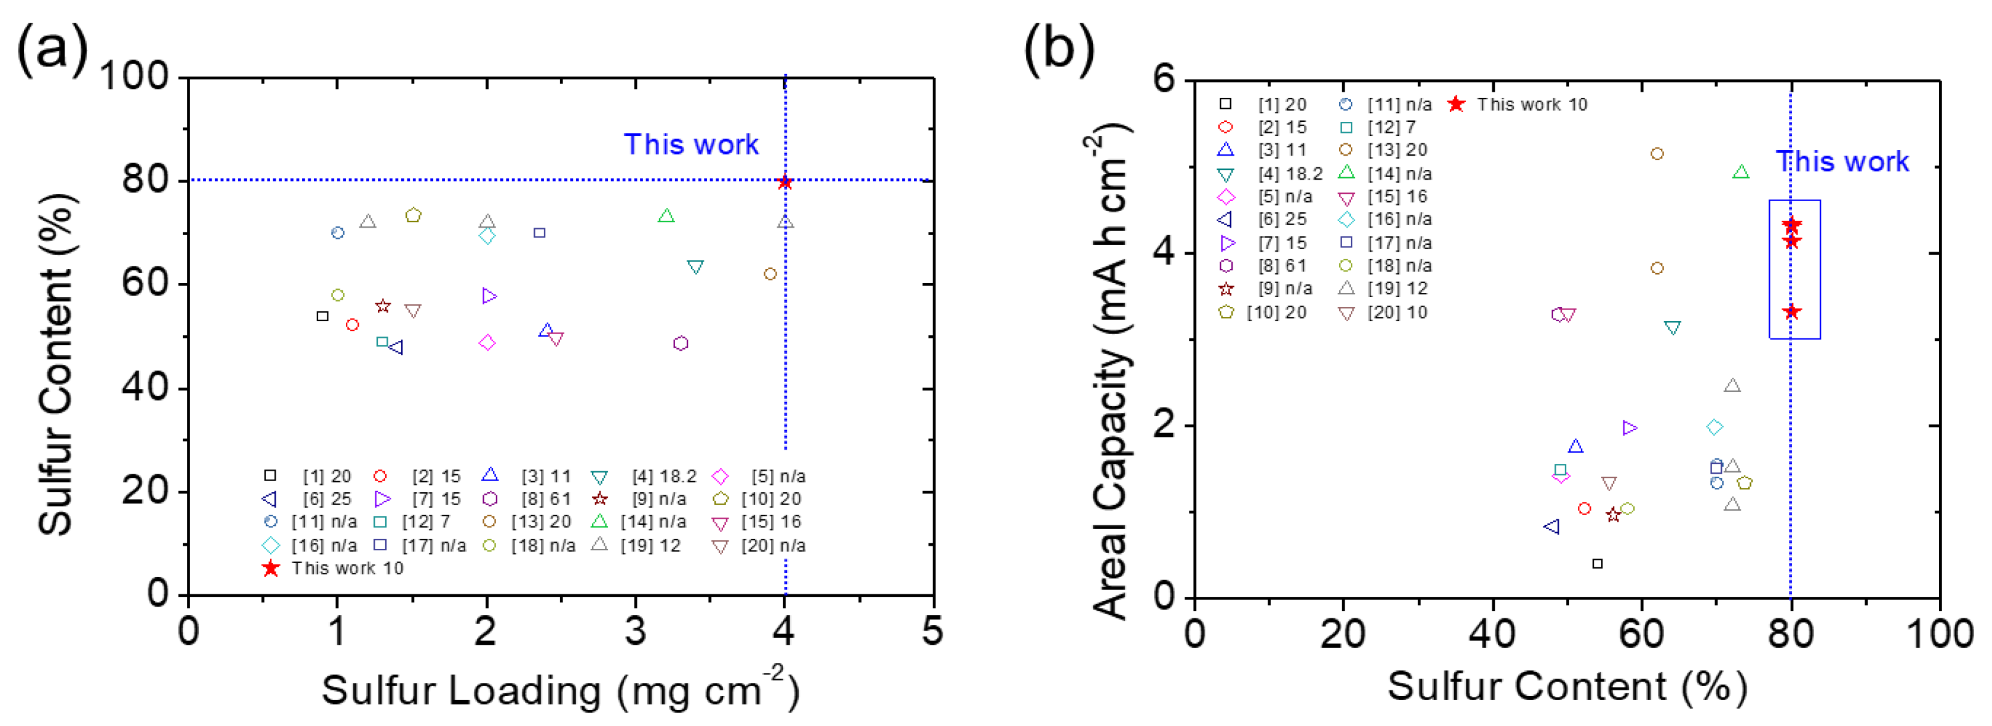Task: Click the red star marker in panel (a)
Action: tap(785, 183)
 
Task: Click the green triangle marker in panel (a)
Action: tap(666, 216)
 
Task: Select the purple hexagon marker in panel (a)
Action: tap(681, 343)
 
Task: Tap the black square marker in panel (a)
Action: tap(322, 316)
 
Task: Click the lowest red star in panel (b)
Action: tap(1792, 311)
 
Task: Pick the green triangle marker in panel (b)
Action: tap(1741, 172)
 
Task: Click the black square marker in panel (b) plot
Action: tap(1598, 564)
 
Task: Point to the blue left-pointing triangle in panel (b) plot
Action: tap(1551, 527)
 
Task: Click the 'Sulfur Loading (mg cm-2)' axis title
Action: tap(560, 689)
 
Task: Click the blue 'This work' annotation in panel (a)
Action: tap(690, 145)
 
